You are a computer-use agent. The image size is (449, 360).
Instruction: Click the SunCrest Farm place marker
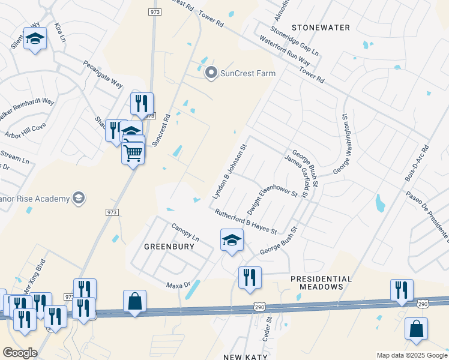pos(211,73)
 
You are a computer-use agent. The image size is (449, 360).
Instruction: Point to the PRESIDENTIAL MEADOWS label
pos(321,283)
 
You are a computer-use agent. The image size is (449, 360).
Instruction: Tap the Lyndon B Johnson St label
pos(229,172)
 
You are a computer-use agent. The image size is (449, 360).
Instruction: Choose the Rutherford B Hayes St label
pos(246,221)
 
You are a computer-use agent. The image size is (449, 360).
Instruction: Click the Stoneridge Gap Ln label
pos(294,40)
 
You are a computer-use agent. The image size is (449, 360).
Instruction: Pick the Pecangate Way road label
pos(103,74)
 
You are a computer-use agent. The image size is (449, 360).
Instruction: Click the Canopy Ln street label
pos(185,233)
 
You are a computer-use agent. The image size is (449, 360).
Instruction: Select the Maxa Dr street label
pos(178,284)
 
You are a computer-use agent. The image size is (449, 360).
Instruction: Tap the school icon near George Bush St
pos(232,241)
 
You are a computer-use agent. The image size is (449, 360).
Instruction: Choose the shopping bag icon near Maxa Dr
pos(134,301)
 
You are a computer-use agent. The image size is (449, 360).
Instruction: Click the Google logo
pos(19,353)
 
